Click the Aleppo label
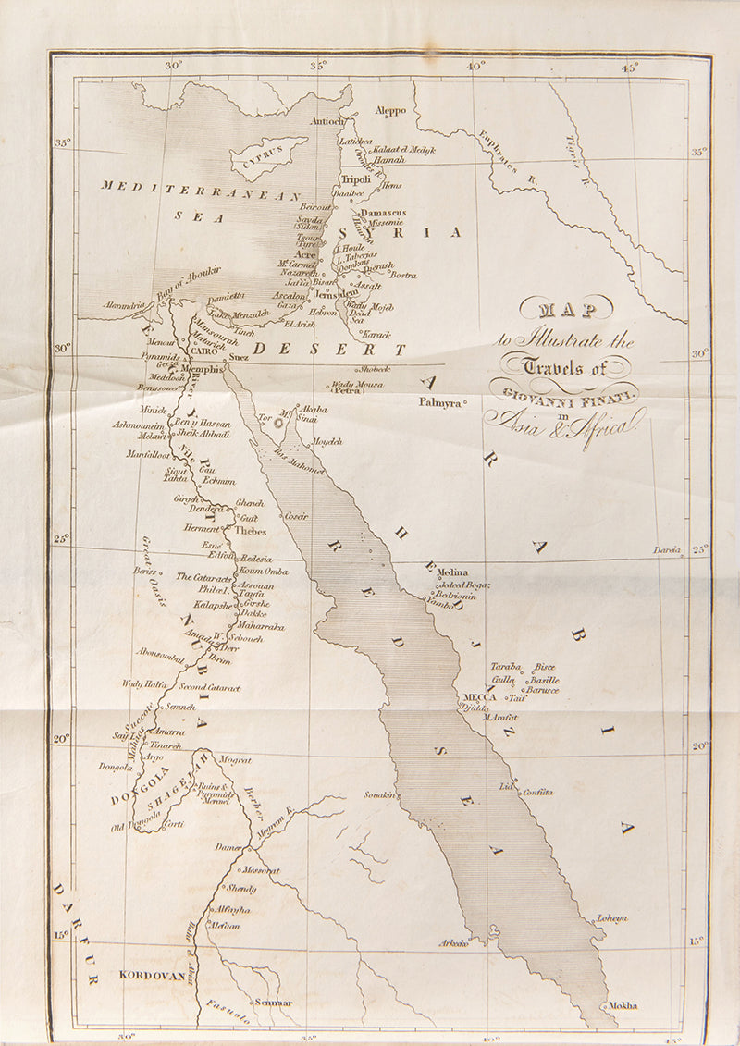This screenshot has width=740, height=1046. click(390, 111)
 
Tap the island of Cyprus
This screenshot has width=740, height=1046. click(268, 156)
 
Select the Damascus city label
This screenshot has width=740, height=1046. click(383, 212)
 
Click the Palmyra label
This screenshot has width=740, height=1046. click(439, 402)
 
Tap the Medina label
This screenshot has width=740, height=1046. click(452, 572)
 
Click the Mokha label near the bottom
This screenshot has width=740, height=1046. click(623, 1005)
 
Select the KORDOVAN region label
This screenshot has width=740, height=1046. click(147, 974)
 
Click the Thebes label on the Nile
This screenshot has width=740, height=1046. click(251, 532)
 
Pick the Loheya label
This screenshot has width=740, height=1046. click(611, 917)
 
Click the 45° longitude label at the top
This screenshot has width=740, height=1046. click(630, 67)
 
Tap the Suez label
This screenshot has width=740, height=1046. click(239, 355)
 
